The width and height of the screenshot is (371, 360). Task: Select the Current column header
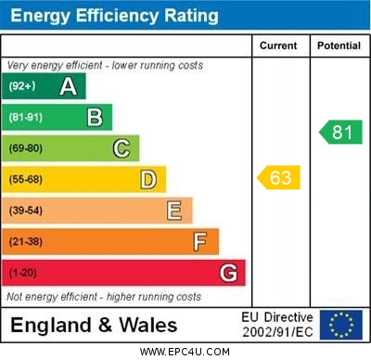(x=278, y=45)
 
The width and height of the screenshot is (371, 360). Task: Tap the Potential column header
(x=339, y=45)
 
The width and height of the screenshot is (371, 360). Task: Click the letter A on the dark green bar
(x=68, y=87)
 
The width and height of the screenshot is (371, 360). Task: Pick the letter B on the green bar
(x=95, y=118)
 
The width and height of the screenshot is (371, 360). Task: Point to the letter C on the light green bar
(x=122, y=148)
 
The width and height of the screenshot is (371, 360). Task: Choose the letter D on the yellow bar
(x=148, y=179)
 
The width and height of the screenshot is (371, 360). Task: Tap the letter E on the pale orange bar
(x=174, y=211)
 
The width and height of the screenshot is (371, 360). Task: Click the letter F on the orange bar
(x=200, y=242)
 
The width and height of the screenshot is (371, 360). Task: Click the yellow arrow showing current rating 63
(x=279, y=177)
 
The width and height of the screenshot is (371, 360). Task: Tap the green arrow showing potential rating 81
(x=340, y=132)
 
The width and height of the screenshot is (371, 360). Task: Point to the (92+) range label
(x=22, y=87)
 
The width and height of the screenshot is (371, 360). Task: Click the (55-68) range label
(x=26, y=179)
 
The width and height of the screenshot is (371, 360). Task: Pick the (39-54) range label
(x=26, y=211)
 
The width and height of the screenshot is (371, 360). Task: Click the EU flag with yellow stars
(x=341, y=324)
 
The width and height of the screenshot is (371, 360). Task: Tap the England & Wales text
(x=94, y=325)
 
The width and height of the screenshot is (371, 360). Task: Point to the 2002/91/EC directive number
(x=277, y=331)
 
